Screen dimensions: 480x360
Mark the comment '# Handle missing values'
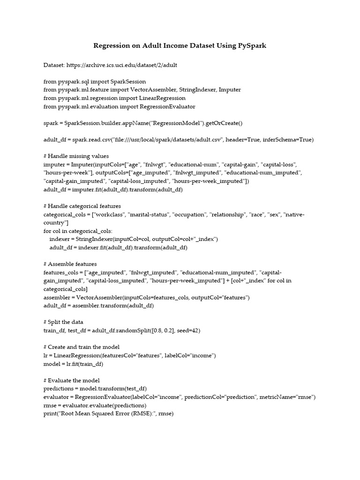(76, 156)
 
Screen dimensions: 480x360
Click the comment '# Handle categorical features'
(82, 206)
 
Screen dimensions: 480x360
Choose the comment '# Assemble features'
(70, 264)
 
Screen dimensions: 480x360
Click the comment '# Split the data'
(65, 322)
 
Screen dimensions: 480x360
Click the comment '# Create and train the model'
(82, 347)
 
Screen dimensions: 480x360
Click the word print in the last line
(50, 414)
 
